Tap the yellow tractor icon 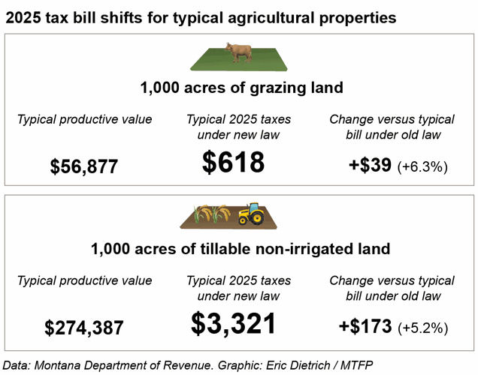point(251,214)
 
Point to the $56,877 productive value point(84,166)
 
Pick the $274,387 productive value point(84,328)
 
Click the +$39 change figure point(370,166)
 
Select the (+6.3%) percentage point(422,166)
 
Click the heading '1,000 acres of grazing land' point(241,88)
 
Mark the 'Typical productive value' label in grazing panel point(84,119)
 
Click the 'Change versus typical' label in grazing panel point(392,119)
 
